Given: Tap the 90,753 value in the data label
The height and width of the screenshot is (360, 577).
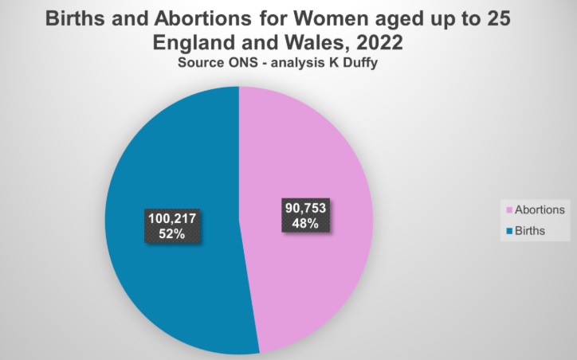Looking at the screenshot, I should (x=303, y=209).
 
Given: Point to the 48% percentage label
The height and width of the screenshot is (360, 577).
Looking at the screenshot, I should (x=303, y=224).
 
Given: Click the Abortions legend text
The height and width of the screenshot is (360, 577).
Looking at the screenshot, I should (x=540, y=209).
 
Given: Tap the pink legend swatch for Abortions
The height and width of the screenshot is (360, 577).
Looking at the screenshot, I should (x=509, y=210).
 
